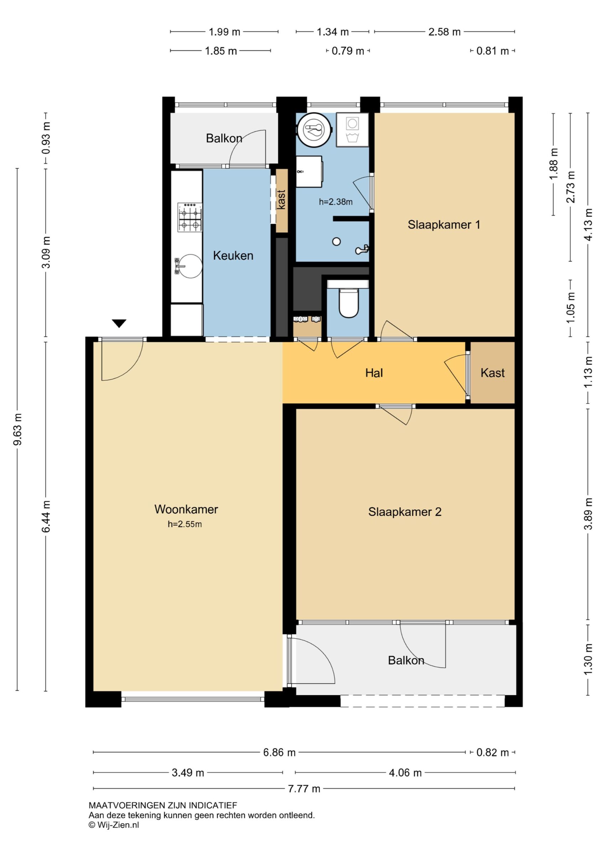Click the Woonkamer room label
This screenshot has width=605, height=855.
186,509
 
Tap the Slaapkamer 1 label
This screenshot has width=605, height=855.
444,224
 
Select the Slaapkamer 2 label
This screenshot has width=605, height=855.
405,512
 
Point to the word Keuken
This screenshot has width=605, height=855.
233,255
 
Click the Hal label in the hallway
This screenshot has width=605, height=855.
374,373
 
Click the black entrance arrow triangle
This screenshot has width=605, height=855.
119,323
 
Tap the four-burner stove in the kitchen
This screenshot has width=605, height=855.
190,217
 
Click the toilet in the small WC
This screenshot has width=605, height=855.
348,303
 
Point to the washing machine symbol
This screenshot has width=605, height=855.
352,130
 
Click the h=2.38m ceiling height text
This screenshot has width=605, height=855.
336,202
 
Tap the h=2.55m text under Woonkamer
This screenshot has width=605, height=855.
185,524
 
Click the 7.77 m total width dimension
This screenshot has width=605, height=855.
304,788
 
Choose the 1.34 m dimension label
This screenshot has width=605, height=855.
333,32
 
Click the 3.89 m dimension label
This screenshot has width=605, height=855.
588,513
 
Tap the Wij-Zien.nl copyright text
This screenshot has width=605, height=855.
114,824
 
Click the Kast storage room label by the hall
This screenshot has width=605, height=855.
492,373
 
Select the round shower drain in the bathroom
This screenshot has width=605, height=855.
336,242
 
